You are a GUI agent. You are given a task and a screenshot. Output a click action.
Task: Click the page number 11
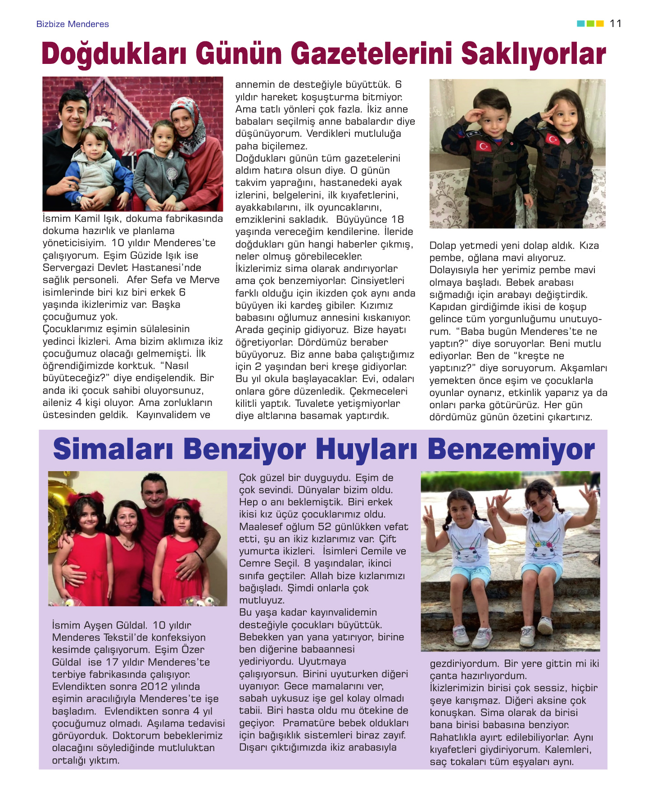[x=616, y=24]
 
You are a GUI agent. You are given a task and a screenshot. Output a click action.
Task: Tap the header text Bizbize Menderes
[x=73, y=24]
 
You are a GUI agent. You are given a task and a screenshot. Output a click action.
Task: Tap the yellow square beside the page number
[x=600, y=24]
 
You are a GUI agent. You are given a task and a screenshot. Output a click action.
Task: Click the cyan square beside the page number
[x=580, y=24]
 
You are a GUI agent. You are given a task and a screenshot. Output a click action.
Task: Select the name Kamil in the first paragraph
[x=88, y=219]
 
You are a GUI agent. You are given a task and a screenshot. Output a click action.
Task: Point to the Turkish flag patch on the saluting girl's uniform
[x=553, y=139]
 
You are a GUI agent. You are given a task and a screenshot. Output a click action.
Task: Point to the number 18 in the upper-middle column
[x=398, y=220]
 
